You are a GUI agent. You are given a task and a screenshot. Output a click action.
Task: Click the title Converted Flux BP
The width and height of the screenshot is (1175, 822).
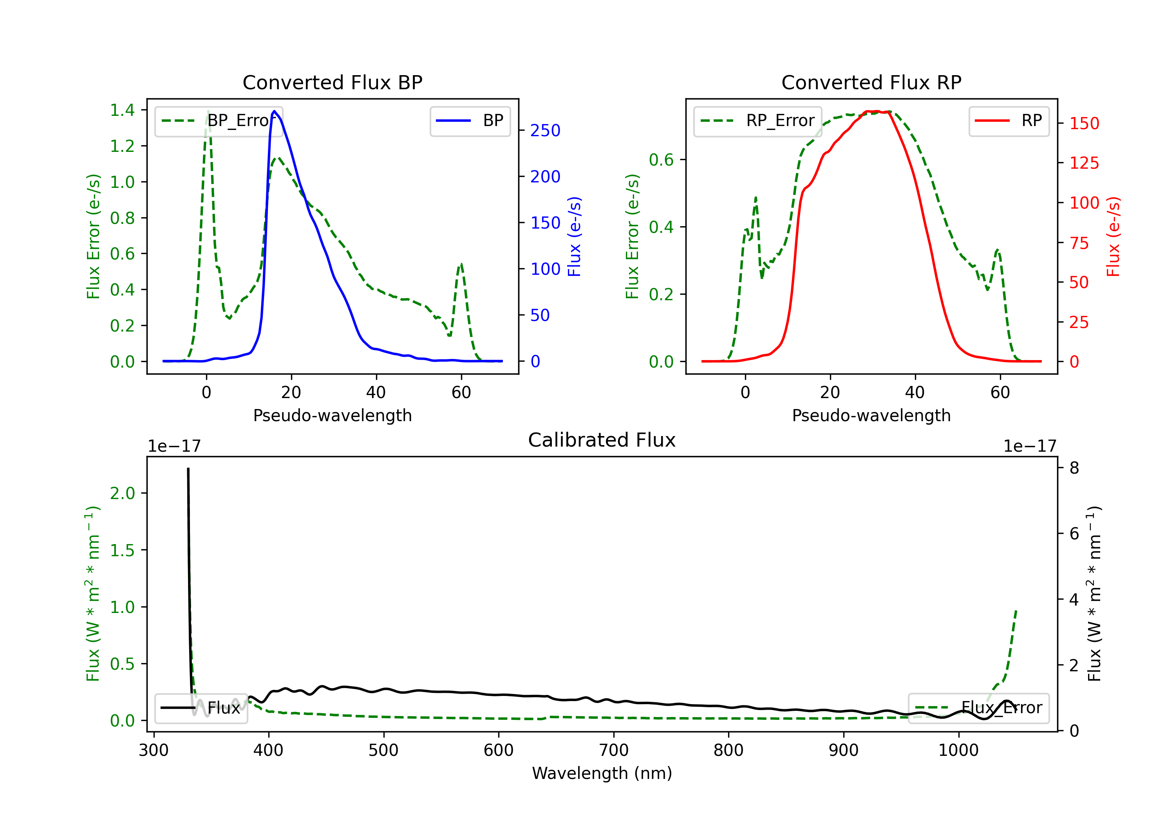click(x=332, y=82)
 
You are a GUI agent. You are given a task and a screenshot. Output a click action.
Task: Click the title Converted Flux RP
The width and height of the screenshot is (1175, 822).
click(x=871, y=82)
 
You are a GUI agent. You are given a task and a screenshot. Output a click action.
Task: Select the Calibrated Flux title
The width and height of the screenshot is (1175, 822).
click(x=602, y=440)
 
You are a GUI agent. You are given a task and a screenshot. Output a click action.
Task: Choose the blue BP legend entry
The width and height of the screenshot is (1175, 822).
click(x=470, y=121)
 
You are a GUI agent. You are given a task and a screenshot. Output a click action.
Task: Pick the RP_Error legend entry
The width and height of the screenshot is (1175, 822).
click(x=757, y=121)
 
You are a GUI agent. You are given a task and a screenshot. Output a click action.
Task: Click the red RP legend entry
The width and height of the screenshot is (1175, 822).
click(x=1009, y=121)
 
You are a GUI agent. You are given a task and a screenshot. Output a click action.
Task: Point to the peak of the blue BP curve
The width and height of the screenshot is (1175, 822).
click(x=274, y=111)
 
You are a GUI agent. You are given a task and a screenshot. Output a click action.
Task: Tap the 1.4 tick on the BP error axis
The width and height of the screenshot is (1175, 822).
click(x=122, y=110)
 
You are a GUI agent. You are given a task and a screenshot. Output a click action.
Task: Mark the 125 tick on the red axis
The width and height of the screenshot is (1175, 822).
click(x=1084, y=163)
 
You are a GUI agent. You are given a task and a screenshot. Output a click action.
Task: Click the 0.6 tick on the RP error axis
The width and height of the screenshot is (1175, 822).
click(x=661, y=160)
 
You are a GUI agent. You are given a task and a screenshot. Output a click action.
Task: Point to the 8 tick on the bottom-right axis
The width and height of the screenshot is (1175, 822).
click(x=1074, y=468)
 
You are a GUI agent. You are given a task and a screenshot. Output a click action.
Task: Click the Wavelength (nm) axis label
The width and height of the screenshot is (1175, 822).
click(x=602, y=773)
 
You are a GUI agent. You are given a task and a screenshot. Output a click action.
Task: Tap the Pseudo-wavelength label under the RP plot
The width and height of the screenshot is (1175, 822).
click(x=871, y=415)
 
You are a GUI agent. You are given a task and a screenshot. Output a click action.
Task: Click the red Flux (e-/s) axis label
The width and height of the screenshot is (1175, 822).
click(x=1114, y=236)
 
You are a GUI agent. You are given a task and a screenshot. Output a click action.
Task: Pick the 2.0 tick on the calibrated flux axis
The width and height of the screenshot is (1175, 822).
click(x=122, y=493)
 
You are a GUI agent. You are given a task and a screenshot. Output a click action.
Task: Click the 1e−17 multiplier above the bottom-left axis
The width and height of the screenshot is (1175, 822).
click(x=174, y=446)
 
